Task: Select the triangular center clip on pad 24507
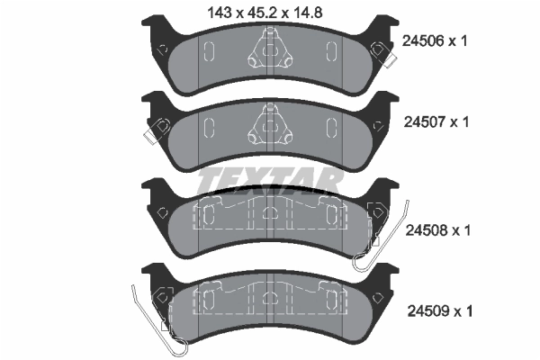point(270,125)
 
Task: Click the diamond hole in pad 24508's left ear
point(161,212)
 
